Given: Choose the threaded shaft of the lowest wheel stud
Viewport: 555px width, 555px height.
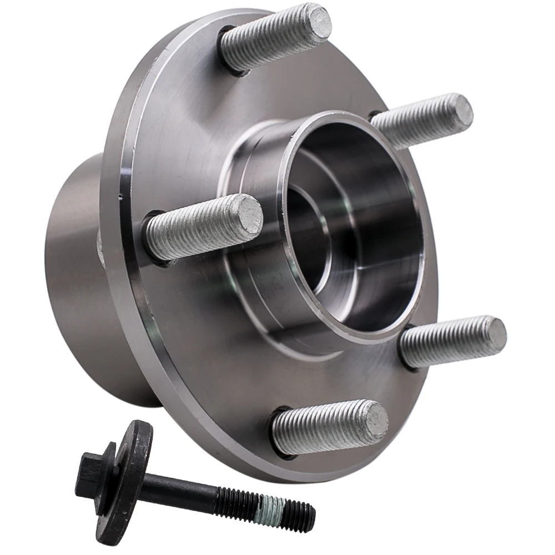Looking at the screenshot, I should (322, 427).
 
